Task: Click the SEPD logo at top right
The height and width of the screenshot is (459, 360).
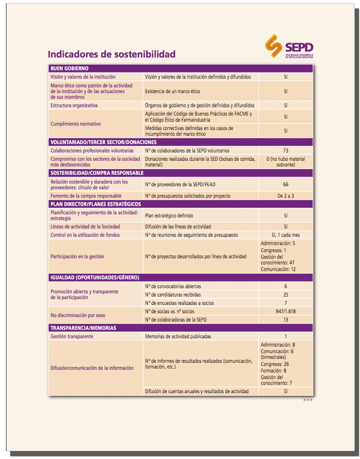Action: tap(289, 47)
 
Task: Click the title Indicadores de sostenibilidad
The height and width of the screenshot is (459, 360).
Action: tap(112, 54)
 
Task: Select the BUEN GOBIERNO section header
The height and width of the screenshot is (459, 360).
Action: tap(69, 69)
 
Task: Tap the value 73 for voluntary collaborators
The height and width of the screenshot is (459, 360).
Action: tap(285, 151)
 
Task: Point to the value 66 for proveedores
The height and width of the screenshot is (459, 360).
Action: tap(285, 184)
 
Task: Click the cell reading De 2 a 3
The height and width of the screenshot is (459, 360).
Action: tap(285, 196)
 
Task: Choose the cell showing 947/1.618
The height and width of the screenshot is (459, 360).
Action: tap(285, 311)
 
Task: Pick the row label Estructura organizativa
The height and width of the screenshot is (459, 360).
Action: tap(74, 105)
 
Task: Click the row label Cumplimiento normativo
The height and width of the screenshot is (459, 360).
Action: tap(76, 124)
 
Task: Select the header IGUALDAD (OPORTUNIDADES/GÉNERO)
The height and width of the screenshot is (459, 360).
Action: tap(95, 278)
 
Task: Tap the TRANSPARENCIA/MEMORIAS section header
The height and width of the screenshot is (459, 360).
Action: tap(83, 328)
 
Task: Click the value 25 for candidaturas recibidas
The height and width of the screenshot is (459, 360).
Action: tap(285, 295)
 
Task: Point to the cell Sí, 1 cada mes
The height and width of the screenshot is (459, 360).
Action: tap(285, 235)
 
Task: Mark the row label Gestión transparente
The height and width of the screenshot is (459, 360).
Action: tap(72, 336)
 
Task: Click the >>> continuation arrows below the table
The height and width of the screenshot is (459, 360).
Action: tap(308, 400)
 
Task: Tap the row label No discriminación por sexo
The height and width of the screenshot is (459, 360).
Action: tap(78, 315)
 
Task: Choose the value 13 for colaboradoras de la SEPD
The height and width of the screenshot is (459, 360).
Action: tap(285, 320)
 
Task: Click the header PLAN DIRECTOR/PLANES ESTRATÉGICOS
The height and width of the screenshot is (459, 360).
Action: tap(96, 204)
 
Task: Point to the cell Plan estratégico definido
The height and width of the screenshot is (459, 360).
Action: tap(169, 216)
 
